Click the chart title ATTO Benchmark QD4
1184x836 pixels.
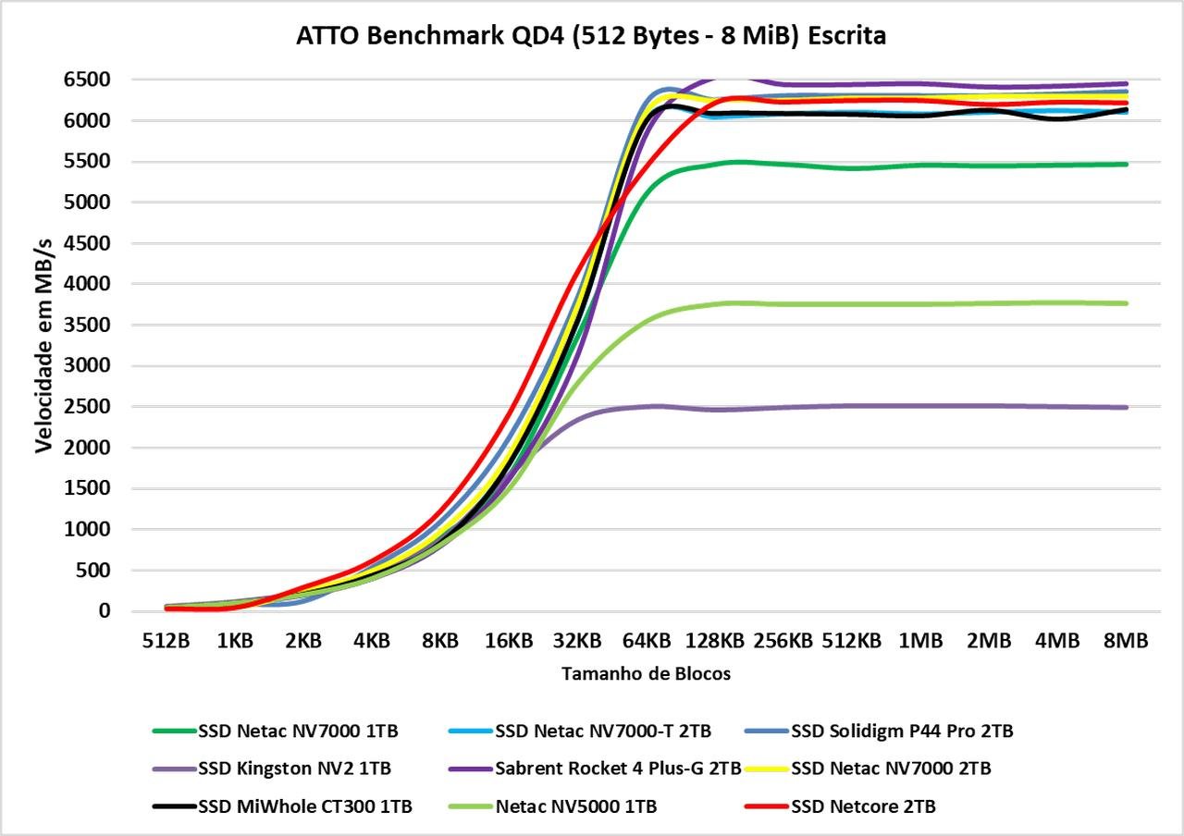click(591, 36)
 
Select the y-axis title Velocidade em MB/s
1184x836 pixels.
click(43, 344)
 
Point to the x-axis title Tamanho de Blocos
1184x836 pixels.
click(646, 674)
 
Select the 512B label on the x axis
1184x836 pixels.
click(166, 641)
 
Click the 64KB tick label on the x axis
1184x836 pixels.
click(646, 641)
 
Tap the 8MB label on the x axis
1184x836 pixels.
click(1126, 641)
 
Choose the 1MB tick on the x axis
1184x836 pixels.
click(920, 641)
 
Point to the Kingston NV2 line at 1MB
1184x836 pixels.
click(920, 405)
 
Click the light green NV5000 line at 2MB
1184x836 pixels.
click(989, 303)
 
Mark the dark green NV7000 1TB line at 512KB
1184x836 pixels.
click(852, 167)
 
